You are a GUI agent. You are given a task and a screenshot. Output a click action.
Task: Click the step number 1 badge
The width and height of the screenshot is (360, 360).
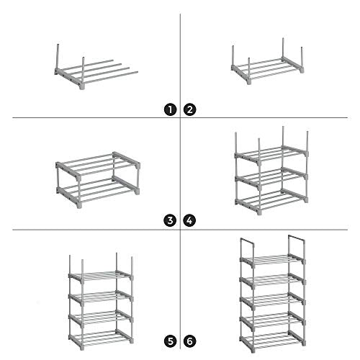tap(171, 109)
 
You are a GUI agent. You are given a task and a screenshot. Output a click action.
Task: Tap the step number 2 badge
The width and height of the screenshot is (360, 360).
tap(189, 109)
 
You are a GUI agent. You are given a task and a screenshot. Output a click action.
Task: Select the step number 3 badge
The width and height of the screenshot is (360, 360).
tap(171, 220)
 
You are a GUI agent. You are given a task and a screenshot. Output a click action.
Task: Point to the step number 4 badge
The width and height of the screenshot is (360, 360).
tap(189, 220)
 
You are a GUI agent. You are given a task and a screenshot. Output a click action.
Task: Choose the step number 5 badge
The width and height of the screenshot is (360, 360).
tap(171, 341)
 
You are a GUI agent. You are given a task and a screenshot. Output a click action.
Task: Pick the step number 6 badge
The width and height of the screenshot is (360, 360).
tap(189, 341)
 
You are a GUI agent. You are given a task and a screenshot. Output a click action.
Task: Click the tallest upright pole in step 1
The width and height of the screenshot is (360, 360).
tap(58, 58)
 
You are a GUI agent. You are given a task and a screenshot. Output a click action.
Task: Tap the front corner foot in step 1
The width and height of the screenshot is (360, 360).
tap(82, 86)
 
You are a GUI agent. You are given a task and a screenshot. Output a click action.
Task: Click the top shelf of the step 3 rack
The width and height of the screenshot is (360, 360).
tap(98, 166)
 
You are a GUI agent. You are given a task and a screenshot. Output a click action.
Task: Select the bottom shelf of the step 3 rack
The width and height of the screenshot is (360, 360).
tap(98, 192)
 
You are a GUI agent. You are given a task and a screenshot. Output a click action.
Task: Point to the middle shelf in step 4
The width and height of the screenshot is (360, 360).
tap(271, 179)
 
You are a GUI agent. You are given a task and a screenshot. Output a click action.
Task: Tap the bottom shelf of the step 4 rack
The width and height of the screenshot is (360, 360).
tap(271, 202)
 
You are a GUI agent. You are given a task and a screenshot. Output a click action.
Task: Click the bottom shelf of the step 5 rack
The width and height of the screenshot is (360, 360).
tap(101, 339)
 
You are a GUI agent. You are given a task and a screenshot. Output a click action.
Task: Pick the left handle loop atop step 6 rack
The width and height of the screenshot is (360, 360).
tap(247, 240)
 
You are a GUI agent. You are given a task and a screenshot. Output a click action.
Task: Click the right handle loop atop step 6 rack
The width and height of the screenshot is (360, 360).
tap(297, 238)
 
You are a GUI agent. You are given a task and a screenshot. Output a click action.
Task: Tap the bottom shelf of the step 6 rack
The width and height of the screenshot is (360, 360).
tap(272, 341)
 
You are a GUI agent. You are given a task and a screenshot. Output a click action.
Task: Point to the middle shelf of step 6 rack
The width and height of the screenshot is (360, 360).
tap(272, 300)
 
